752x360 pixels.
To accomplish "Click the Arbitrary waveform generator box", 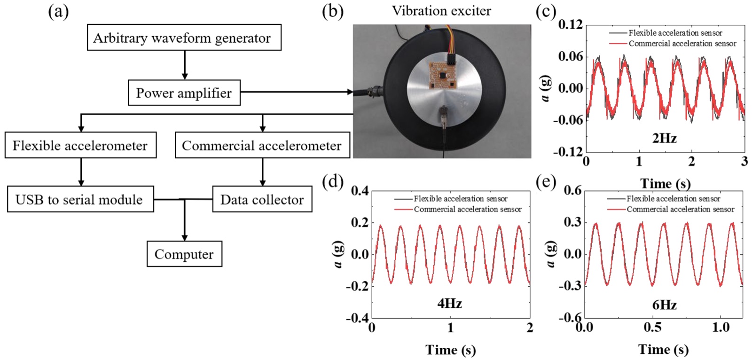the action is tap(184, 37).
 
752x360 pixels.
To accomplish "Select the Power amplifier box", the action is tap(184, 93).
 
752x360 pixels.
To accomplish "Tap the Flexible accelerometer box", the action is tap(80, 145).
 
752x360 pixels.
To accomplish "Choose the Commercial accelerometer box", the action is tap(262, 145).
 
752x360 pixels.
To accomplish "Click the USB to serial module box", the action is tap(80, 199).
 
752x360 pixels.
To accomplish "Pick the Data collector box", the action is tap(262, 199).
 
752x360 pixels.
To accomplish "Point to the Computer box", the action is tap(184, 254).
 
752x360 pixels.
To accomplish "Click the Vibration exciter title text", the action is tap(441, 11).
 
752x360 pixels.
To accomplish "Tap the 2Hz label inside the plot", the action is tap(665, 138).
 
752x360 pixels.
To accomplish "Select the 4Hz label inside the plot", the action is tap(449, 304).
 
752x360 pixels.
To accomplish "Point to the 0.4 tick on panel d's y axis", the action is tap(360, 191).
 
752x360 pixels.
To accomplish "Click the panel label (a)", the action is tap(58, 12).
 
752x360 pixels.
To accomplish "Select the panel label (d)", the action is tap(333, 182).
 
